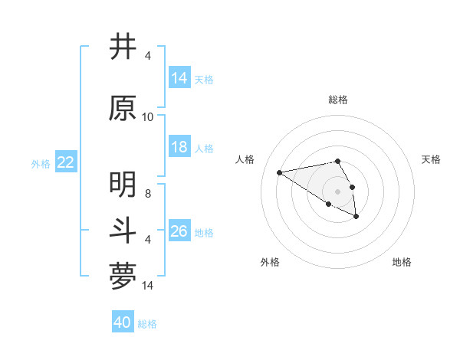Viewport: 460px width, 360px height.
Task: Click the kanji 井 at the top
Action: (123, 47)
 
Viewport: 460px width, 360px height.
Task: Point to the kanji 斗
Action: (123, 230)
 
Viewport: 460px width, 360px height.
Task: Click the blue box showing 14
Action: (179, 77)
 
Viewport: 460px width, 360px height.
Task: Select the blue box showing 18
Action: (179, 147)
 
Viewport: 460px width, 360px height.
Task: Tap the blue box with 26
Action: (179, 231)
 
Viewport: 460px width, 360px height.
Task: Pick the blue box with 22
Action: (66, 162)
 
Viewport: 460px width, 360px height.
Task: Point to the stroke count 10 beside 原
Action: (148, 116)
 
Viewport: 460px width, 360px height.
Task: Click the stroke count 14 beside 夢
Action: (148, 285)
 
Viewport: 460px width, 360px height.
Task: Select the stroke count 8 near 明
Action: (148, 194)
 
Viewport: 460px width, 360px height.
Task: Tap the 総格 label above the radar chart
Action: (337, 100)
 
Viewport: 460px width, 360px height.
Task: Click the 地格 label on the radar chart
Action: (402, 262)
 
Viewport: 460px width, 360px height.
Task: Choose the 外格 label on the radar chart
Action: (270, 262)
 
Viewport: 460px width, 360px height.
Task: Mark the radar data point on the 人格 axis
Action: (280, 172)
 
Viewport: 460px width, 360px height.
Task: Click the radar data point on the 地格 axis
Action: (356, 217)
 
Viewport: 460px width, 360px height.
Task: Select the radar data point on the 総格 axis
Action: (337, 161)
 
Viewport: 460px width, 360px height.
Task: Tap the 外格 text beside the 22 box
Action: (41, 163)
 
